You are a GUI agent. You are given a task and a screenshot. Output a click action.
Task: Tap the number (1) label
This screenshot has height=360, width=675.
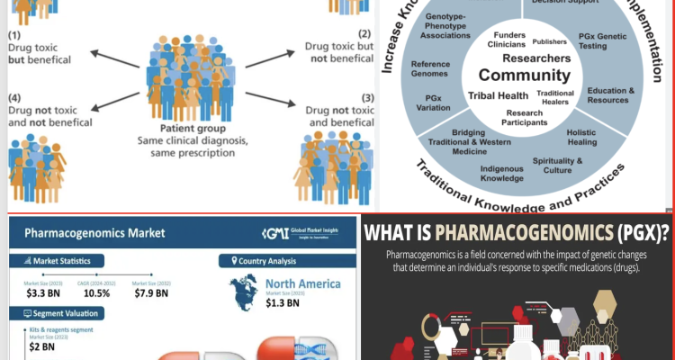point(15,34)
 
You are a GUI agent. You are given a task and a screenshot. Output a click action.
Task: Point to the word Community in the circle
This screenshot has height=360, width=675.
point(525,76)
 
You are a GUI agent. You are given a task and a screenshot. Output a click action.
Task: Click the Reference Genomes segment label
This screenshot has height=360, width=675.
point(430,69)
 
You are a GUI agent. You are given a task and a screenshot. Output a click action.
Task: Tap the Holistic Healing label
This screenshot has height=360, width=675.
point(607,138)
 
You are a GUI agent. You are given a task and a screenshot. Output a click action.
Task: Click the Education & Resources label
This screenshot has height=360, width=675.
point(611,95)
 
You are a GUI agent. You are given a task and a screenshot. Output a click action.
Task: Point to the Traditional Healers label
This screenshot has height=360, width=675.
point(555,97)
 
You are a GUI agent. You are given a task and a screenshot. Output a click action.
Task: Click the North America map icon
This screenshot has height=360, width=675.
point(246,289)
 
